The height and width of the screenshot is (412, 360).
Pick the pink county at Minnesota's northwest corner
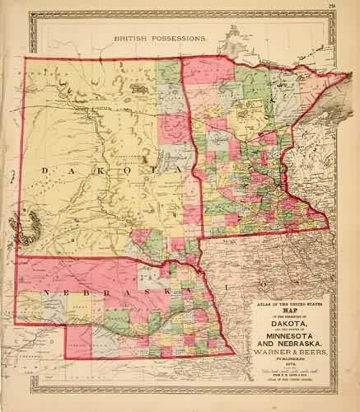tap(195, 69)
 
